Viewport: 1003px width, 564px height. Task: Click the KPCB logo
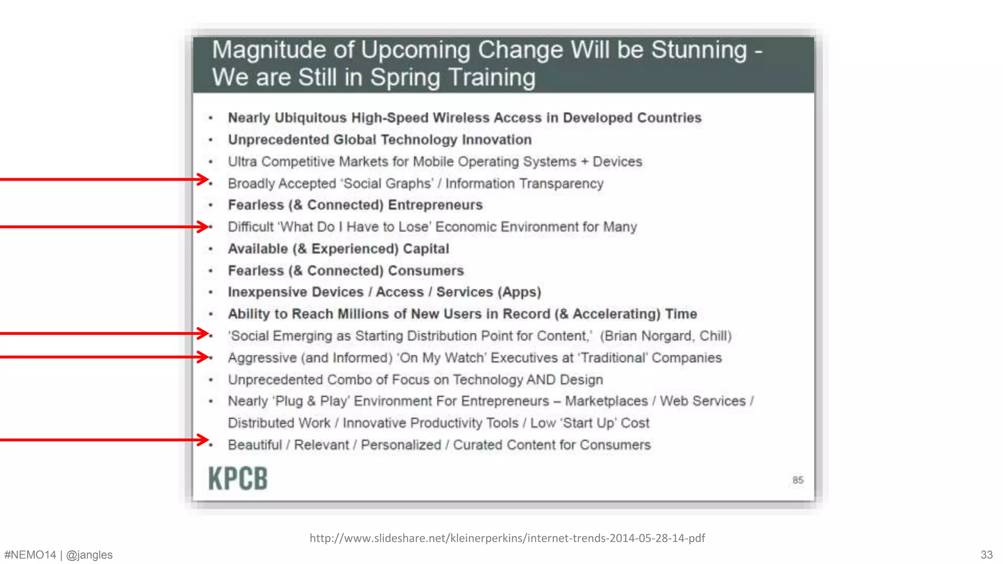coord(238,478)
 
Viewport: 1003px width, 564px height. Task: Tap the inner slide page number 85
coord(798,480)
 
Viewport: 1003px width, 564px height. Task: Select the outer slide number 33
coord(986,555)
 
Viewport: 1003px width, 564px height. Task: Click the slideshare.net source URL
coord(507,538)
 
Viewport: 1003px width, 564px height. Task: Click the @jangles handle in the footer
coord(89,555)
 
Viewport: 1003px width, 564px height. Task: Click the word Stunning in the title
coord(699,50)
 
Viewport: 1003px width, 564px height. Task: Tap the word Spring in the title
coord(405,77)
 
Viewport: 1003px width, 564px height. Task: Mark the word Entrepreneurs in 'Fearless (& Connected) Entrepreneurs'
coord(435,205)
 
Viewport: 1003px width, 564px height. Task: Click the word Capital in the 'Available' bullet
coord(426,249)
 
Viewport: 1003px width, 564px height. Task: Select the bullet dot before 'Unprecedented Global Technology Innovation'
coord(211,140)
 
